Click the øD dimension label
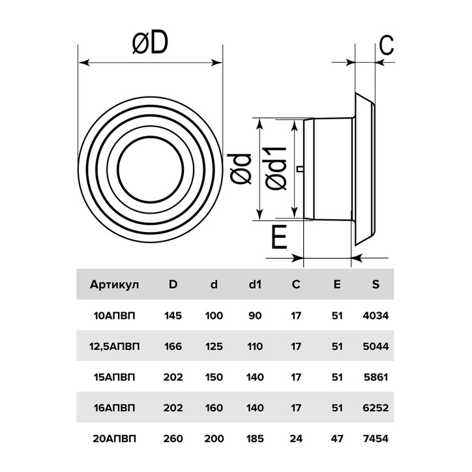click(150, 44)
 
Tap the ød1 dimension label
click(277, 168)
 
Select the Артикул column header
click(114, 285)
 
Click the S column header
click(375, 285)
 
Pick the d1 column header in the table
click(255, 285)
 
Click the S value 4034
click(375, 316)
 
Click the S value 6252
click(375, 408)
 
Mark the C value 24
click(296, 439)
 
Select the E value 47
click(337, 439)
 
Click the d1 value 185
click(255, 439)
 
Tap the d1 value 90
click(255, 316)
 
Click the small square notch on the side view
click(300, 170)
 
